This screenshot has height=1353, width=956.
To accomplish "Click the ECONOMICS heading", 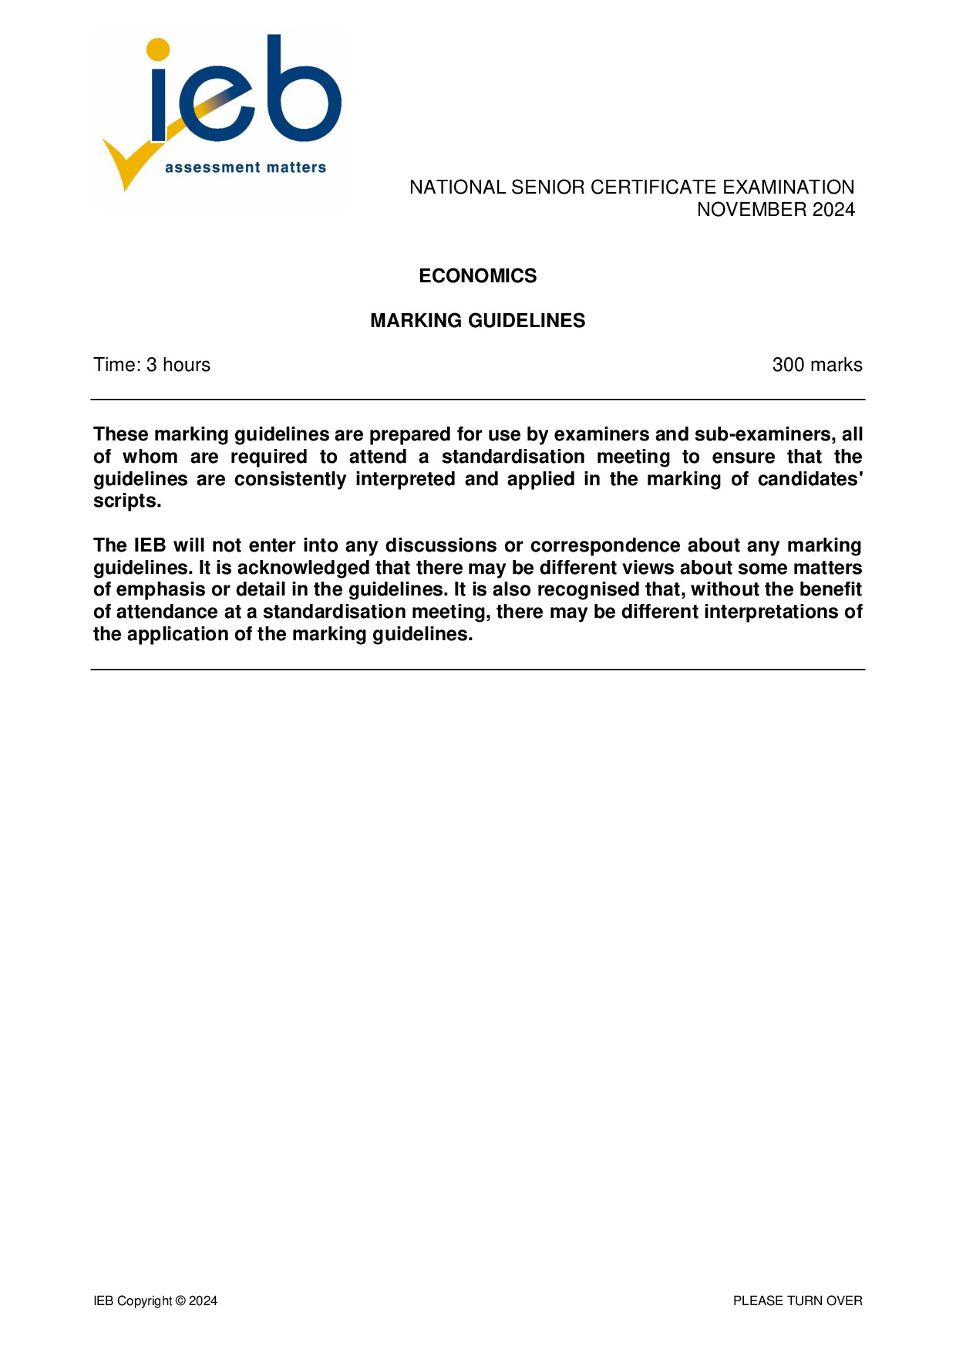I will [477, 275].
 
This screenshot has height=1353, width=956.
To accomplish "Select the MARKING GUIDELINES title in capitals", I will [477, 320].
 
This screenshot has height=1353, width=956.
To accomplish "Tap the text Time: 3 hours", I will [152, 365].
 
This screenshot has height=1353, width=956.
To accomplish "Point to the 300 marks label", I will [816, 365].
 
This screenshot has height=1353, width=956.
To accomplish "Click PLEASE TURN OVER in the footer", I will [797, 1301].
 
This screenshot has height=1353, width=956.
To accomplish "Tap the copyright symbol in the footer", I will [180, 1301].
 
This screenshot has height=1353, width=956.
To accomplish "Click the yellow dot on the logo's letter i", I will [157, 49].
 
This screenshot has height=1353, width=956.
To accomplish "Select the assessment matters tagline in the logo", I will [245, 167].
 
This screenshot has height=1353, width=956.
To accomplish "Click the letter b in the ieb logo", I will [305, 93].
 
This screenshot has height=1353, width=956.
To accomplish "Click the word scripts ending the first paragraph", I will [126, 501].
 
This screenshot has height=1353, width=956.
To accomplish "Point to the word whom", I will [150, 457].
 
